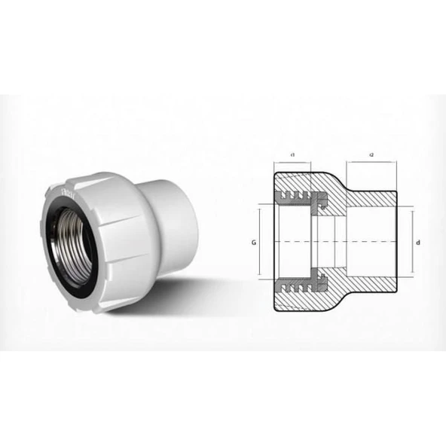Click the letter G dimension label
(x=254, y=242)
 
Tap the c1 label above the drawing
(x=291, y=154)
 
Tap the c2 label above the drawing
(x=372, y=154)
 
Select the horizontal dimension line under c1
(x=291, y=162)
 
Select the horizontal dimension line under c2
(x=371, y=162)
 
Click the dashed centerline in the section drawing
(x=339, y=241)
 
